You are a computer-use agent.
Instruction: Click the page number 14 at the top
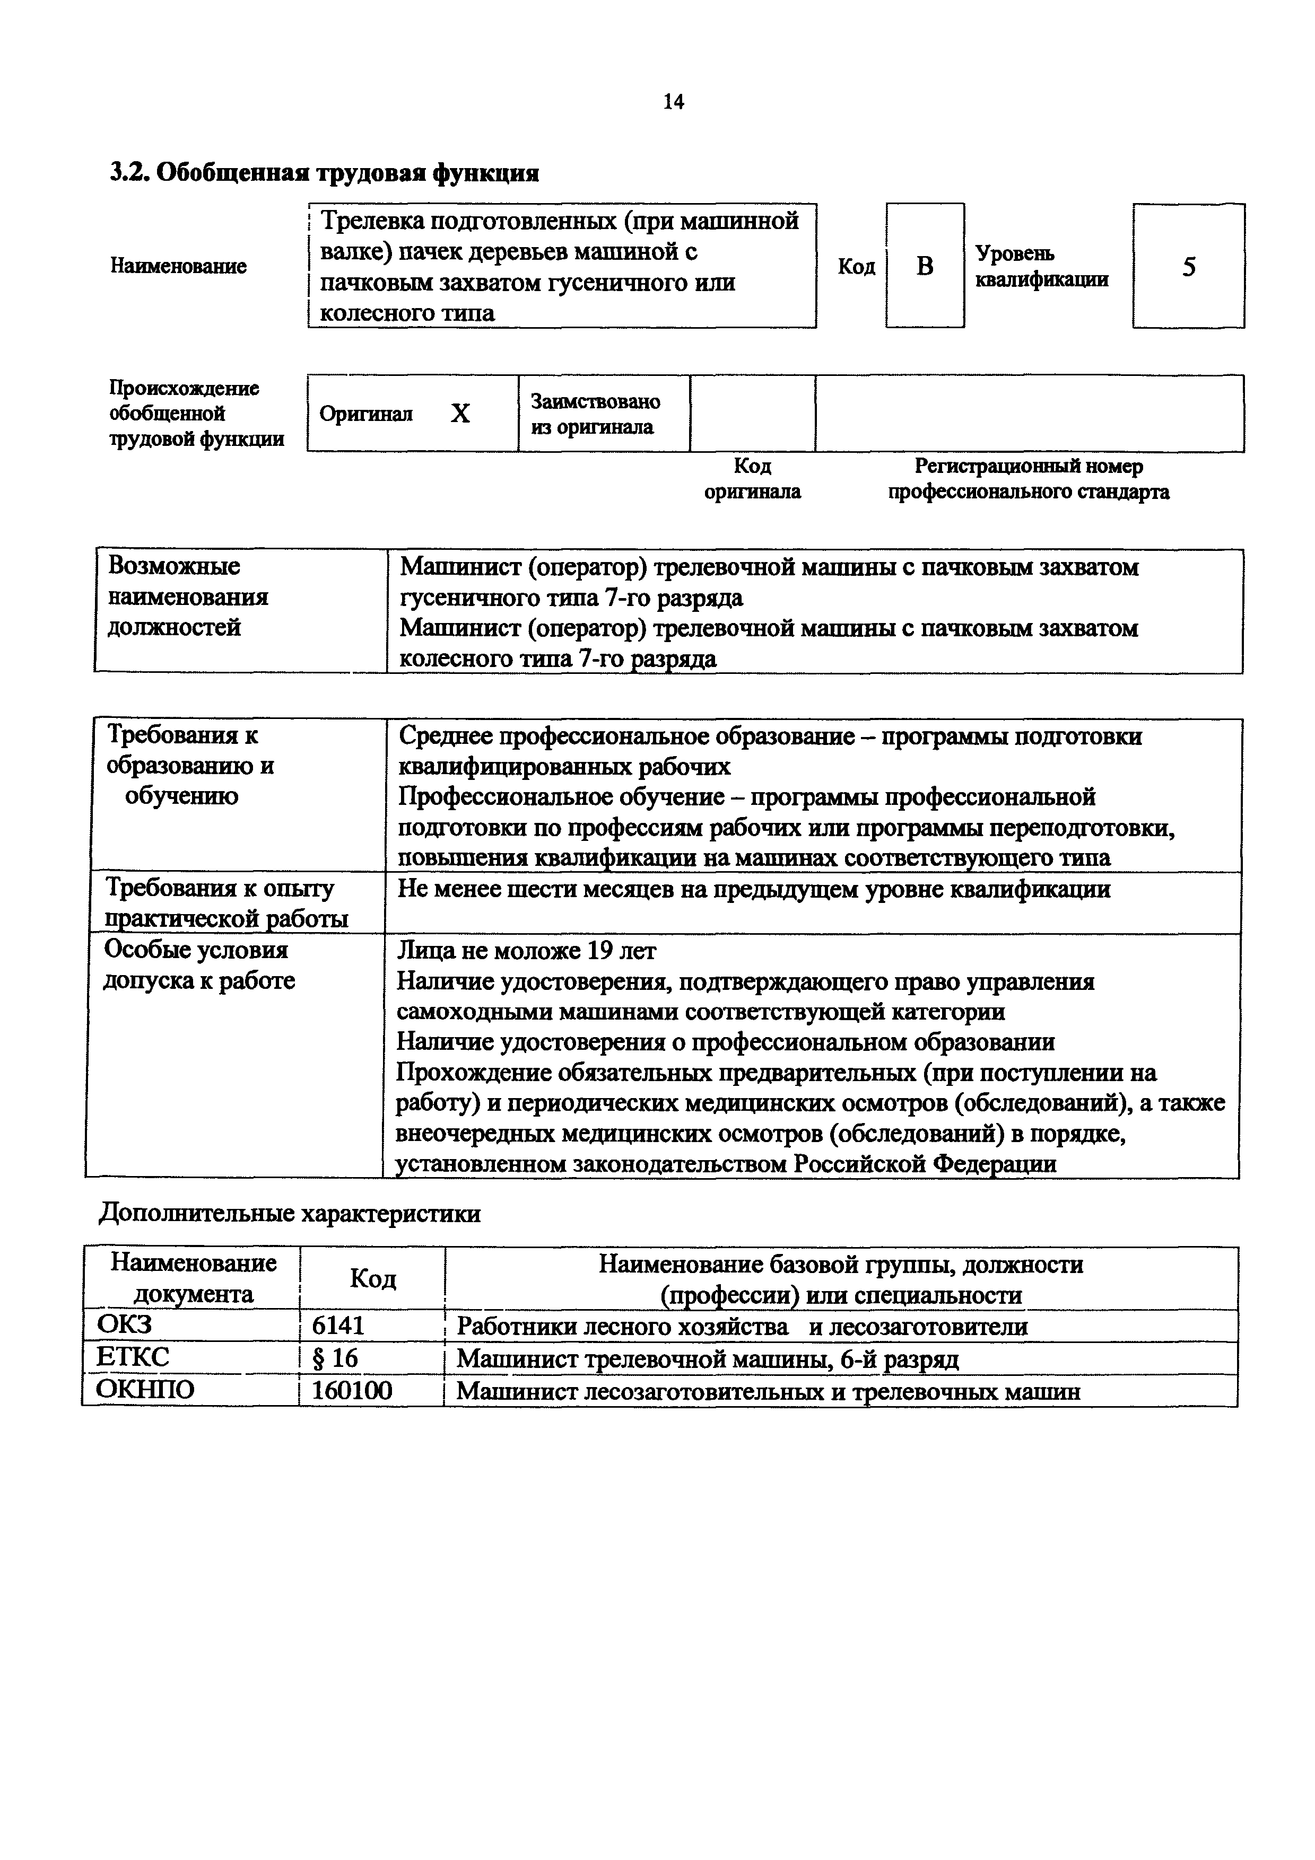point(673,102)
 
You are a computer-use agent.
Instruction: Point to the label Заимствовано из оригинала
point(596,414)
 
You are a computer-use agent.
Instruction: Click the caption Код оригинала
point(752,479)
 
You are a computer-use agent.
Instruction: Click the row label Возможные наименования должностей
point(188,597)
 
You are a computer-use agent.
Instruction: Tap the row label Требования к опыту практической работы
point(227,902)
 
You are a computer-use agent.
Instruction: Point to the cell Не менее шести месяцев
point(753,890)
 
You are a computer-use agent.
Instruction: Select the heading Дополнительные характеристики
point(289,1214)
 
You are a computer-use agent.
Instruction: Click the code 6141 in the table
point(338,1326)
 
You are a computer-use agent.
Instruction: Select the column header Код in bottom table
point(373,1279)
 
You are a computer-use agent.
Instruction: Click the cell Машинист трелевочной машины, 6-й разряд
point(707,1358)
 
